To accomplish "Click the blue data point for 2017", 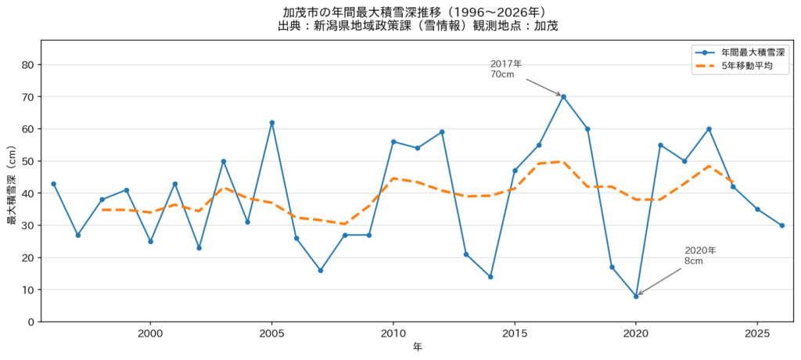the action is click(563, 96).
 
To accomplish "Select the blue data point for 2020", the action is click(636, 296).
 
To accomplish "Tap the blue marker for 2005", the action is click(271, 123).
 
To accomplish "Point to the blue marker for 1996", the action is click(54, 184).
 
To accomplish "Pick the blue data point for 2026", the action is click(781, 225).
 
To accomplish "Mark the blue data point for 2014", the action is click(490, 276).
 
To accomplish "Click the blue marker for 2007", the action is click(320, 271).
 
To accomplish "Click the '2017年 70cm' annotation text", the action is click(506, 69).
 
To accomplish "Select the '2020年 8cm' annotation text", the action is click(700, 256).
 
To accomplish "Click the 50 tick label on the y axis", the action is click(28, 161).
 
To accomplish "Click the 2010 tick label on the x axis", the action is click(393, 332).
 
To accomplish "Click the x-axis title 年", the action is click(418, 347).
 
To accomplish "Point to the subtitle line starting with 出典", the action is click(418, 26).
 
